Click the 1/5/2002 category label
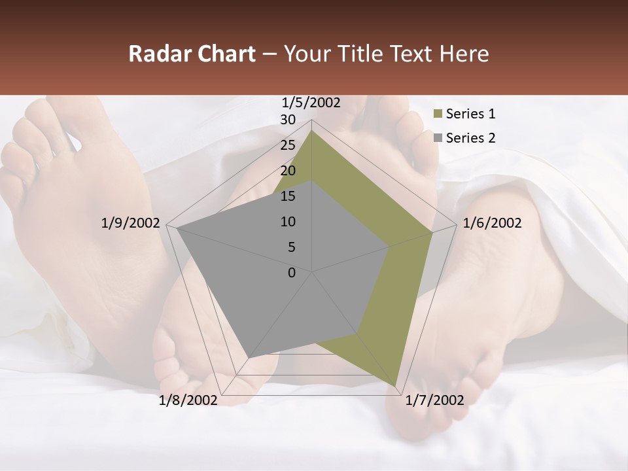coord(311,103)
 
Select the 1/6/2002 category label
coord(492,223)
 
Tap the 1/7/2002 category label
coord(434,400)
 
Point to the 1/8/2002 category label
coord(188,400)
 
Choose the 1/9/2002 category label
coord(130,223)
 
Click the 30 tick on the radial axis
coord(288,120)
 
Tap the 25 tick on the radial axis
coord(288,145)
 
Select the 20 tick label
coord(288,171)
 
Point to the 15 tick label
coord(288,196)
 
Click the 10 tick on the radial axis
coord(288,222)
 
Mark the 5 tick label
coord(291,247)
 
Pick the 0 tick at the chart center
coord(292,273)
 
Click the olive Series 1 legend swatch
coord(438,114)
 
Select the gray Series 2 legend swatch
coord(438,138)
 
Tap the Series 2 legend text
coord(470,138)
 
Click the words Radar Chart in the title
coord(192,54)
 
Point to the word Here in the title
coord(464,54)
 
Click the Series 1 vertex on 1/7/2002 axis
coord(396,385)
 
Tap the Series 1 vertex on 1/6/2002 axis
coord(432,232)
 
